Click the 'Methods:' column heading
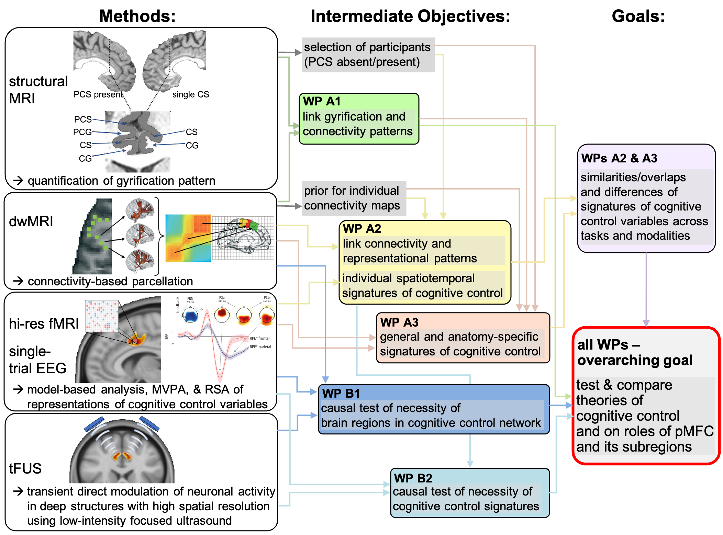click(137, 16)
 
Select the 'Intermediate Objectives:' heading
click(410, 16)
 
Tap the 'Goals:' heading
click(638, 16)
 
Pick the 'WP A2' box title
click(362, 229)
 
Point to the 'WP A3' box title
click(399, 322)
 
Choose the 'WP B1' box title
click(341, 393)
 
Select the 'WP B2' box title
click(413, 478)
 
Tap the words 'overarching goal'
click(635, 360)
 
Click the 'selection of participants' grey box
click(368, 55)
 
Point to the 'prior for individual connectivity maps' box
click(353, 198)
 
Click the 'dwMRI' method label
click(31, 221)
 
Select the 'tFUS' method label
click(25, 468)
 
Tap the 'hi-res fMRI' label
click(44, 323)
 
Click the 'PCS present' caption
click(98, 94)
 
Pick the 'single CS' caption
click(190, 94)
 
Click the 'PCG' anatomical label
click(82, 132)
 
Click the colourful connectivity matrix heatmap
click(188, 238)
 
